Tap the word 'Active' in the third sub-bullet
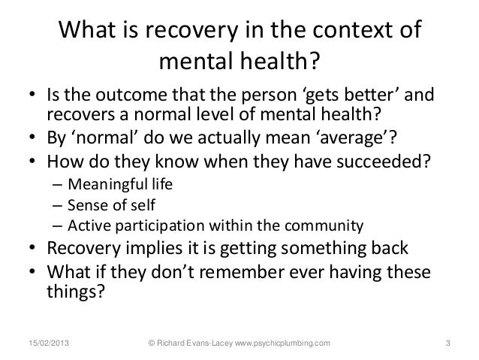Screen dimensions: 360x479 86,225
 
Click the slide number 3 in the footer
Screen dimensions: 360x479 447,344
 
